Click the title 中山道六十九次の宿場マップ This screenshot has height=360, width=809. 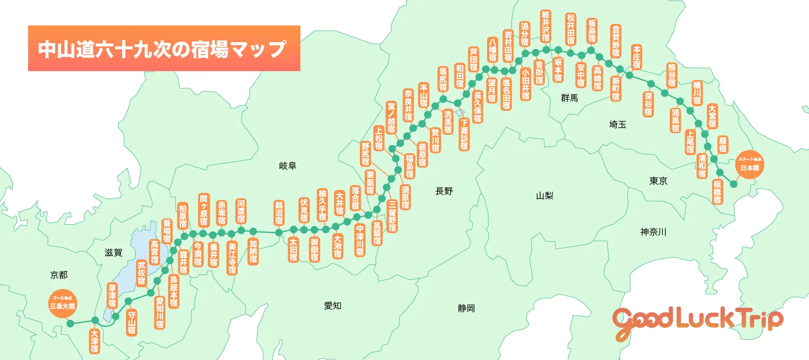click(x=163, y=48)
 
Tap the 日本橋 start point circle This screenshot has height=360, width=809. click(x=750, y=164)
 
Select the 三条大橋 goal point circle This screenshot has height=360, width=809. click(x=62, y=303)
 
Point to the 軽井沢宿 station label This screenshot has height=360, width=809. click(x=546, y=26)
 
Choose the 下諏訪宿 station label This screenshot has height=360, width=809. click(x=464, y=134)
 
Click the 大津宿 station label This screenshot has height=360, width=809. click(x=94, y=341)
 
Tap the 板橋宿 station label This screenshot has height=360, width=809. click(x=717, y=192)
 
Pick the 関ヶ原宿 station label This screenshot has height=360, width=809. click(x=204, y=210)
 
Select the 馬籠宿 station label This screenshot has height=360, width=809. click(x=377, y=233)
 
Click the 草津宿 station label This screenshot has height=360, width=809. click(x=112, y=295)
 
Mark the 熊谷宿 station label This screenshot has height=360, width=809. click(x=672, y=75)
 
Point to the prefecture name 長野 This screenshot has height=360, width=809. click(x=444, y=191)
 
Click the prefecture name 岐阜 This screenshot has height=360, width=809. click(x=287, y=166)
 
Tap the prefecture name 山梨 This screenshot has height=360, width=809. click(x=544, y=196)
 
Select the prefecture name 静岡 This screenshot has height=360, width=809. click(x=466, y=308)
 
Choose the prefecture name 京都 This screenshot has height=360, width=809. click(x=59, y=275)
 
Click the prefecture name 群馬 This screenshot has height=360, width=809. click(x=569, y=98)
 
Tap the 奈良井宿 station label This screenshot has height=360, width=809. click(x=408, y=105)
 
